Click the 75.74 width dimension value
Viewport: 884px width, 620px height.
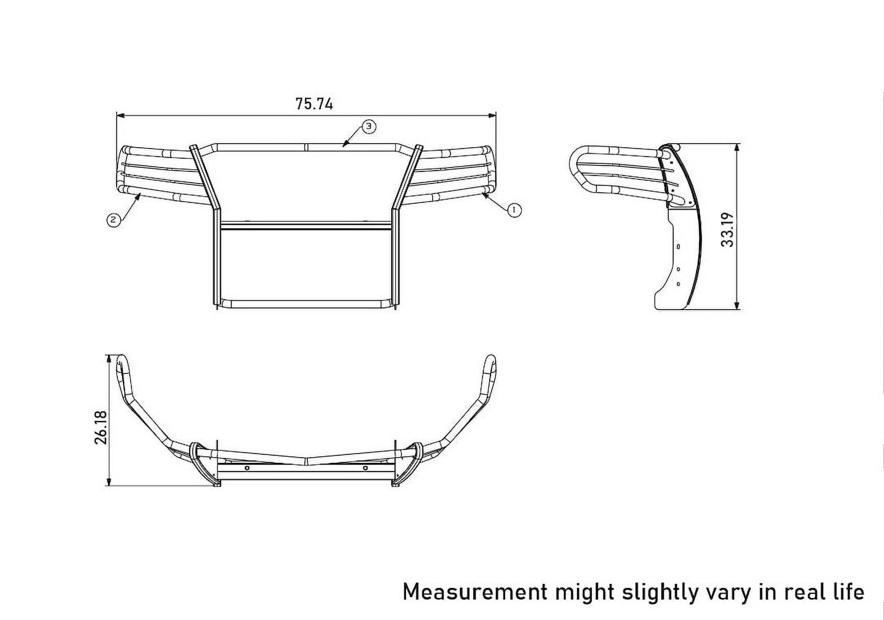tap(314, 104)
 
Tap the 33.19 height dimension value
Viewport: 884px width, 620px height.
tap(728, 230)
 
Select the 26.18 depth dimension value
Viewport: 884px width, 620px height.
tap(101, 428)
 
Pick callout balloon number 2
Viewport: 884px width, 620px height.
tap(113, 220)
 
